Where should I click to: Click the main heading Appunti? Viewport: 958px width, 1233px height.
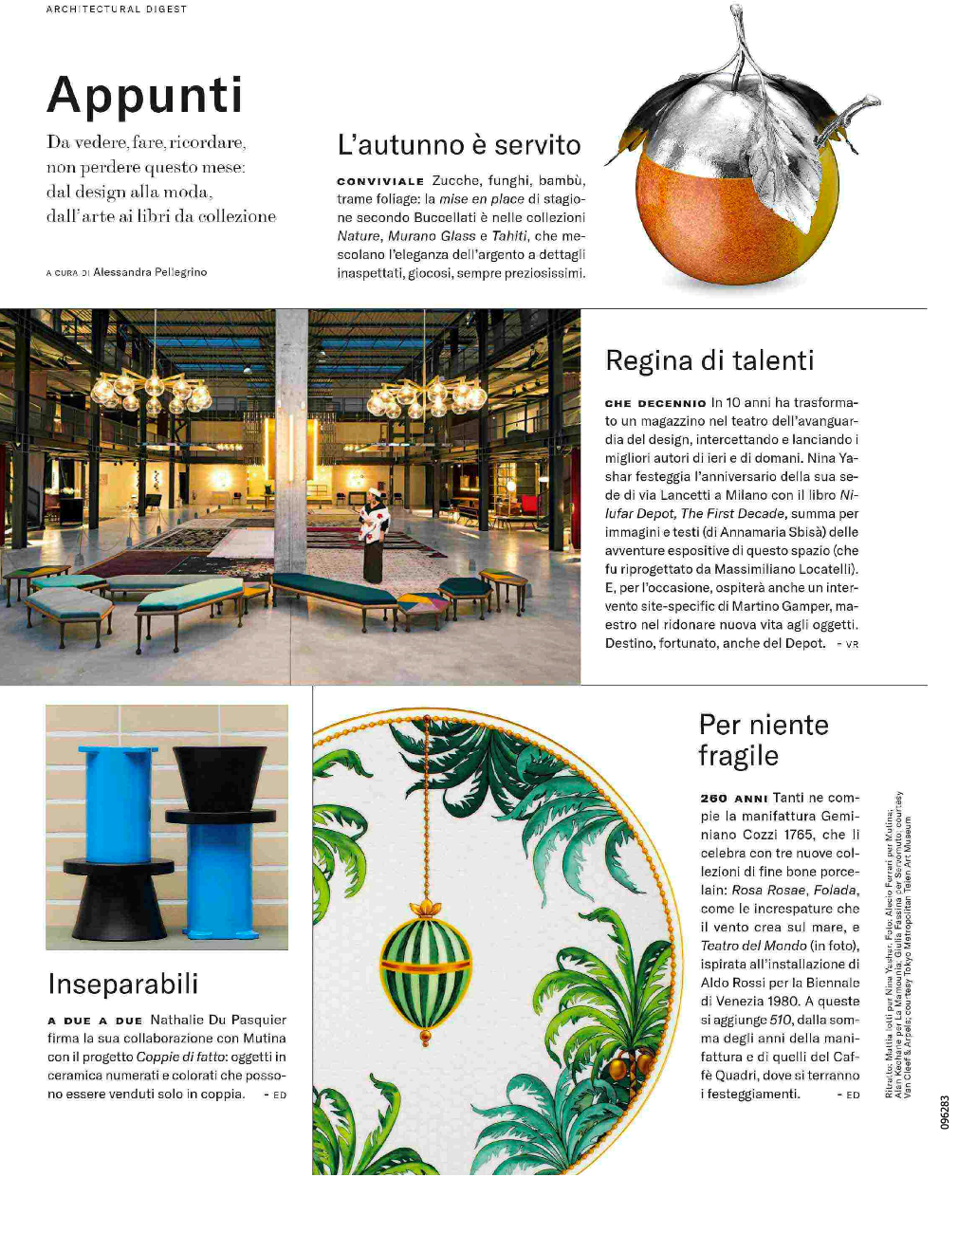pos(145,95)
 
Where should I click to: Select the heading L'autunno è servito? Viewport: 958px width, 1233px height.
pos(459,145)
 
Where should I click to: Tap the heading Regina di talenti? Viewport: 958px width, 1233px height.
pos(709,360)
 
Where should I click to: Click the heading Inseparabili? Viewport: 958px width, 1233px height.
pos(123,984)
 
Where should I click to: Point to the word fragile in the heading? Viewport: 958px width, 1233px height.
pos(738,756)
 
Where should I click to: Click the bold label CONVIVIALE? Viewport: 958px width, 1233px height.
pos(380,181)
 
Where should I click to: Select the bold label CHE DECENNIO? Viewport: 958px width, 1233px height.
pos(655,403)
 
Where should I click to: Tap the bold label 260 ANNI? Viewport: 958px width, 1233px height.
pos(733,799)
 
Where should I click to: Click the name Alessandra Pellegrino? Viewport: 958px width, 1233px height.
pos(150,272)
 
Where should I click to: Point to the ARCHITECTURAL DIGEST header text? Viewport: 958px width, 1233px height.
pos(117,9)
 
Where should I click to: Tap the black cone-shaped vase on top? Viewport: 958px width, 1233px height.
pos(219,778)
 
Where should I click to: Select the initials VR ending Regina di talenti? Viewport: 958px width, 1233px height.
pos(852,644)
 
